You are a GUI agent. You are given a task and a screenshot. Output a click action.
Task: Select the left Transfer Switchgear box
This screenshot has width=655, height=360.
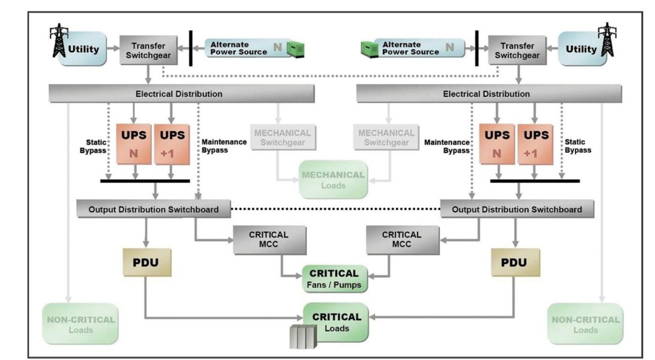(147, 50)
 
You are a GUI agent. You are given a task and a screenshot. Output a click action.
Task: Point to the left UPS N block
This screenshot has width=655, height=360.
(135, 143)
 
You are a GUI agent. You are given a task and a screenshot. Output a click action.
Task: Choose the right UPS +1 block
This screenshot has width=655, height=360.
(535, 143)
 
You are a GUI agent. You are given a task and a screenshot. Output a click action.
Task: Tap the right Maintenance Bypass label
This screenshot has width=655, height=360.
(447, 146)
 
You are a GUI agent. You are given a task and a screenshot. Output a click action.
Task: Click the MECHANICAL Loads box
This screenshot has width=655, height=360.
(334, 179)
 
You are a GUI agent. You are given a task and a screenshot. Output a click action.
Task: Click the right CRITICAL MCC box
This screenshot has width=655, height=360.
(402, 239)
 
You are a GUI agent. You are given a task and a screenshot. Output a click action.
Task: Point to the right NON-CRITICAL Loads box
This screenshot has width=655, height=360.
(585, 324)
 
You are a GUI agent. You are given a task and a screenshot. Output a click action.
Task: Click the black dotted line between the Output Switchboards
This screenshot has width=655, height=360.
(335, 209)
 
